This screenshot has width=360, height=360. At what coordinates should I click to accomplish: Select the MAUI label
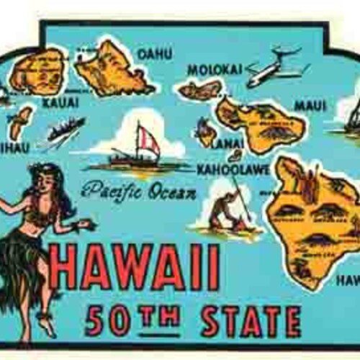pyautogui.click(x=310, y=105)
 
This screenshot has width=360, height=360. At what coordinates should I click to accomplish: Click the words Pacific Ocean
pyautogui.click(x=139, y=192)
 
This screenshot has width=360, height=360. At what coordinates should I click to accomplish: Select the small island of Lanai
pyautogui.click(x=206, y=133)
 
